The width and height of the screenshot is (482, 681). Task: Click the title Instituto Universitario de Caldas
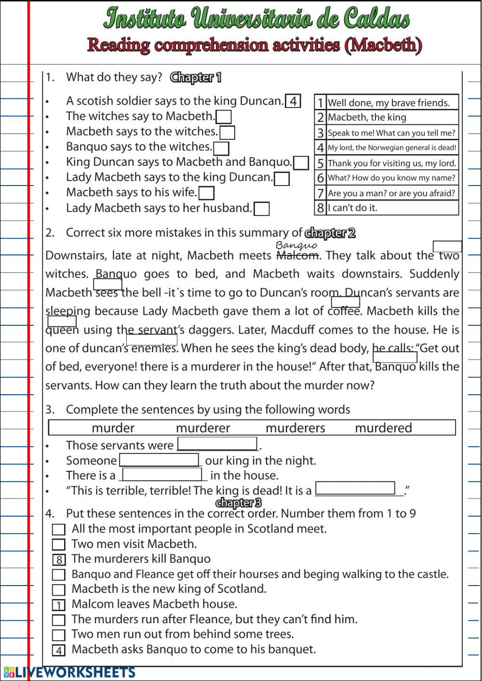256,19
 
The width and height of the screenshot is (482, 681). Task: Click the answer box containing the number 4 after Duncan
293,101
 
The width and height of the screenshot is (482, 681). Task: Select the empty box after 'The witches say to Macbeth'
224,117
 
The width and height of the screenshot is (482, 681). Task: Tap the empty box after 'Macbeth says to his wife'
206,193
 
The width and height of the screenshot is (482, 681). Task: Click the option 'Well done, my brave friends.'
388,103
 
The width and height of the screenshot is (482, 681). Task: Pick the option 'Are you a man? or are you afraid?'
391,193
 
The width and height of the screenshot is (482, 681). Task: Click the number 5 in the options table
320,163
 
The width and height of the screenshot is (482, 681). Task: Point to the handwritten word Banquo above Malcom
296,245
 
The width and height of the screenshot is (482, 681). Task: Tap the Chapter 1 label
196,78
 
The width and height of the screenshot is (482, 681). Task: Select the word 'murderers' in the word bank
295,428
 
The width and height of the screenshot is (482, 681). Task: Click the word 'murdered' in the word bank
383,428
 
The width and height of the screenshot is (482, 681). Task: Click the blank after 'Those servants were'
217,444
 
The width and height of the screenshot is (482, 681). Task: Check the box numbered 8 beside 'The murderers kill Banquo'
59,560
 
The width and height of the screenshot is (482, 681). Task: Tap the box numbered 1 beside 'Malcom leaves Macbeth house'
59,605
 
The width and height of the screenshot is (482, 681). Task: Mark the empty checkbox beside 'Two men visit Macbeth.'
59,545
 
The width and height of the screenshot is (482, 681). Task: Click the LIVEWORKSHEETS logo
69,672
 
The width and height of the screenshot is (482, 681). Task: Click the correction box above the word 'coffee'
346,302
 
